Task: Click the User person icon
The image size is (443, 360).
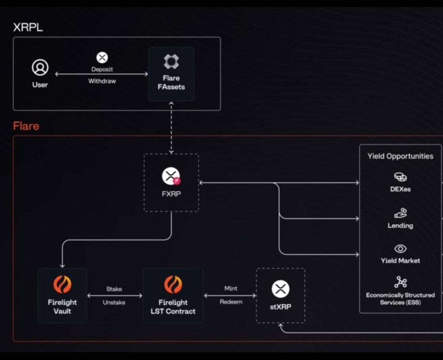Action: click(40, 68)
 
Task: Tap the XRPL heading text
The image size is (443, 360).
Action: click(28, 27)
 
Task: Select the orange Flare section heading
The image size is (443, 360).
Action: click(26, 126)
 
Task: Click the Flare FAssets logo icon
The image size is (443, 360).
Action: click(171, 62)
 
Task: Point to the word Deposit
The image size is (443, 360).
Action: click(102, 69)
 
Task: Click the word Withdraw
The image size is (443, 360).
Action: click(102, 81)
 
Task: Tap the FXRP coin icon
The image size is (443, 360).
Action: click(171, 176)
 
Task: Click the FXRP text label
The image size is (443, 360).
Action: click(171, 193)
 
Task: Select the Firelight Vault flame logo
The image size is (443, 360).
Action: click(62, 285)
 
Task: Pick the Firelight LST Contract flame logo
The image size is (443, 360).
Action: click(173, 285)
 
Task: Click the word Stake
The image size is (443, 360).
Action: click(114, 289)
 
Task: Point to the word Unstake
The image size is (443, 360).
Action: click(114, 302)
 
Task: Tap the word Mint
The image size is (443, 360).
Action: click(231, 288)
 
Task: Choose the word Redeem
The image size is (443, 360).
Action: click(231, 302)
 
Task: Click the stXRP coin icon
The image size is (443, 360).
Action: click(281, 289)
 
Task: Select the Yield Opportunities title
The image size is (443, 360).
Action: click(400, 156)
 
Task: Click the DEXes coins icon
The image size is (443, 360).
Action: click(400, 177)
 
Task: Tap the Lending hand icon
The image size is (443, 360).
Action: click(400, 213)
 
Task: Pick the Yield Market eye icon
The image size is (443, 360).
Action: click(400, 248)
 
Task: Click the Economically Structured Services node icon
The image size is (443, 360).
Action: click(400, 282)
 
